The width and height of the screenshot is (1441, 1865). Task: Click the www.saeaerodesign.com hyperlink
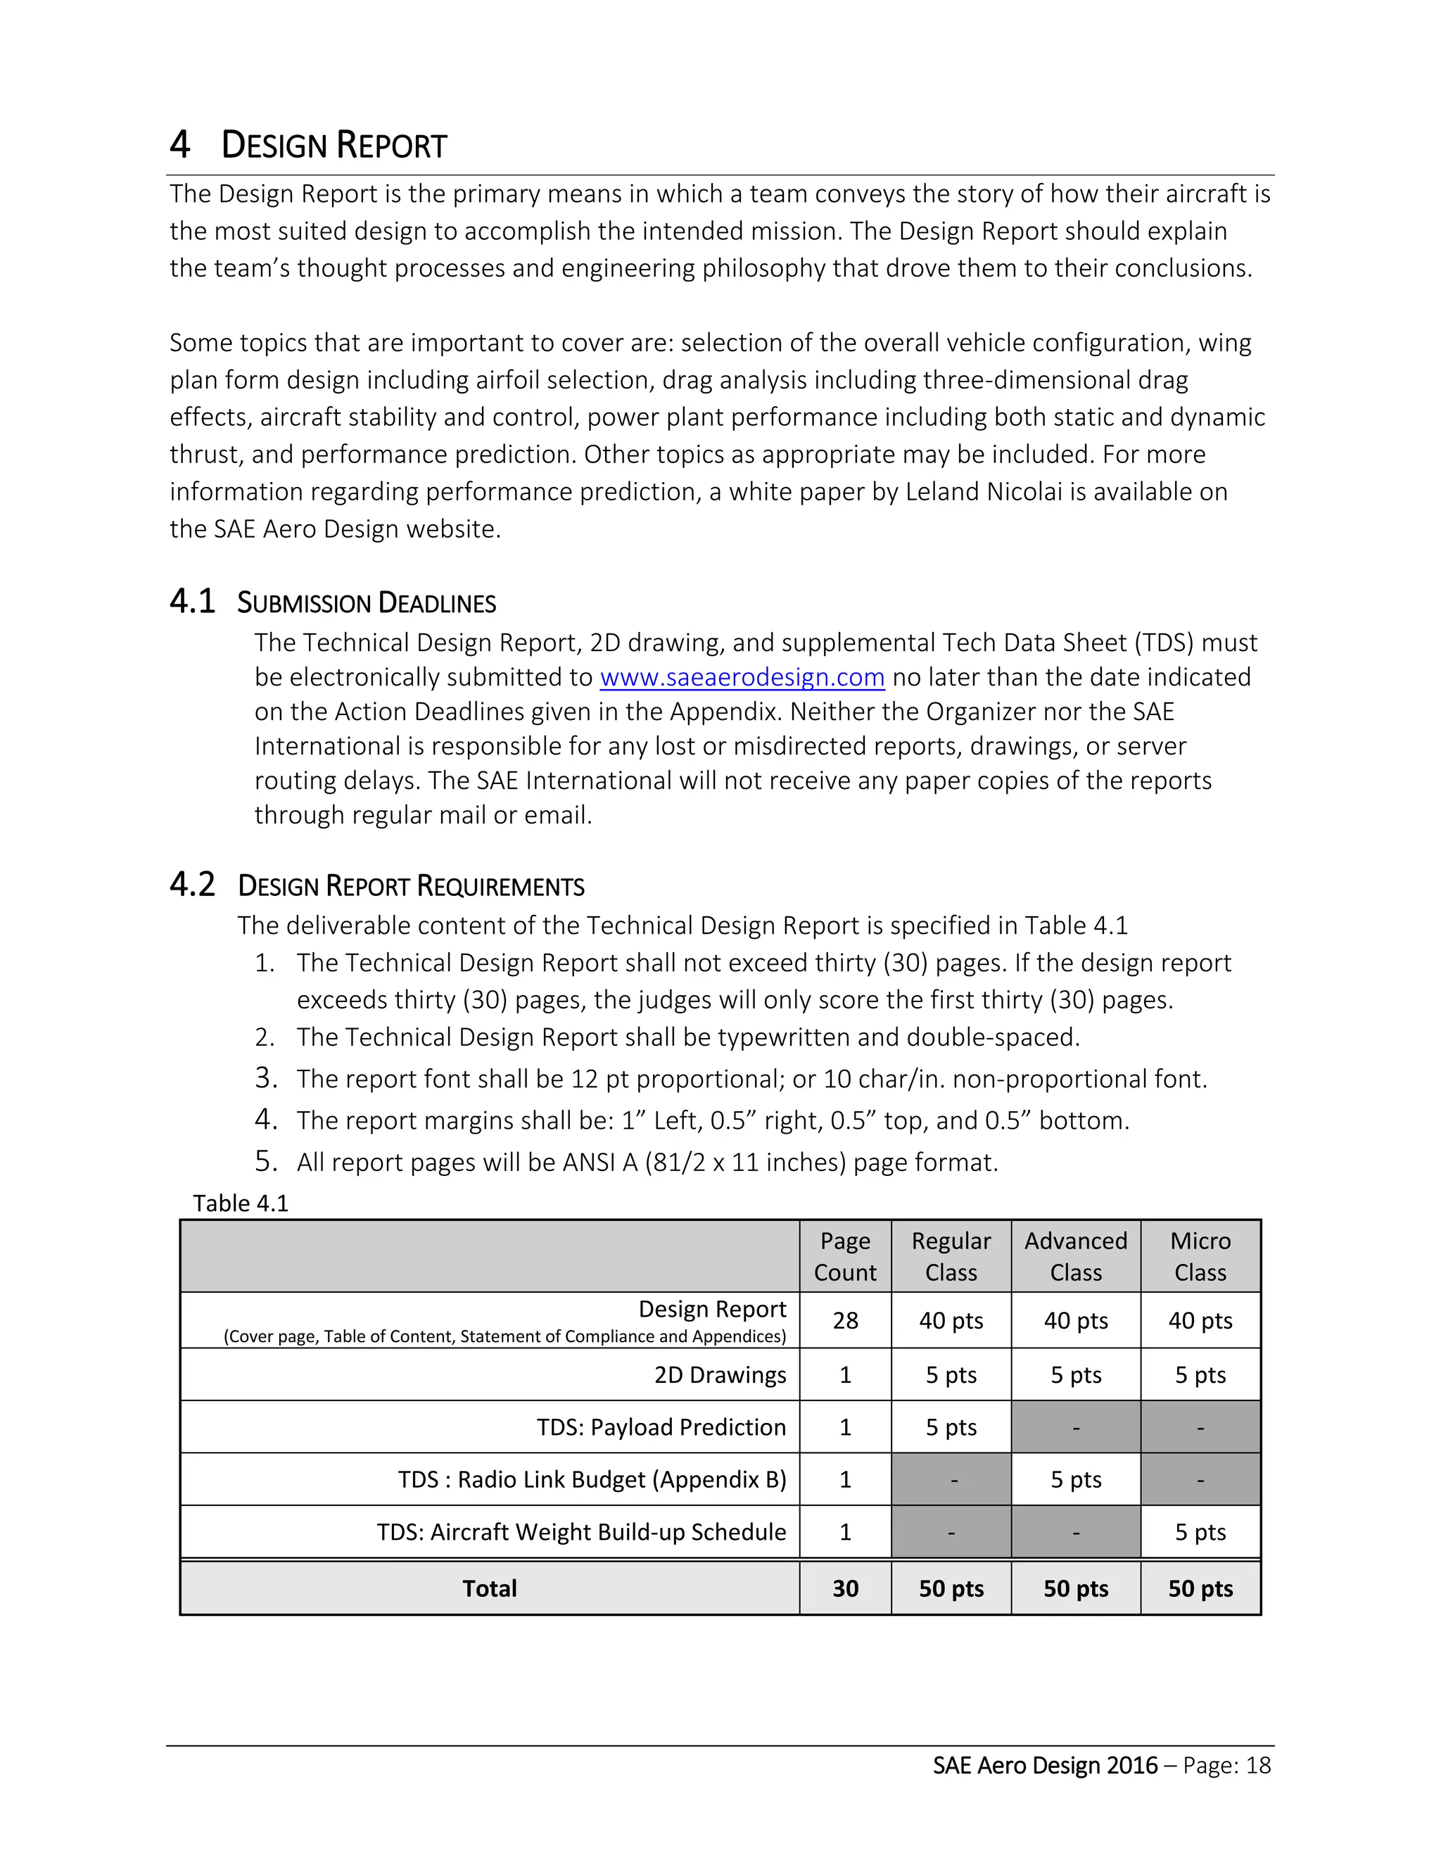point(742,677)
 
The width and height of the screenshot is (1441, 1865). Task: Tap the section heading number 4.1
point(192,602)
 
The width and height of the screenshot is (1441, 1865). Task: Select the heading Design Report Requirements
point(411,885)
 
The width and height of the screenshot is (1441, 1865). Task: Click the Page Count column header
point(845,1256)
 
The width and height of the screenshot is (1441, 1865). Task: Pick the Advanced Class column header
point(1076,1256)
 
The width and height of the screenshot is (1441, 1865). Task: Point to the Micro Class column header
point(1200,1256)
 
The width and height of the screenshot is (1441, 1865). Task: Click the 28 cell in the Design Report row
point(845,1321)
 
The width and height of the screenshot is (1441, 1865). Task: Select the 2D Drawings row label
point(720,1375)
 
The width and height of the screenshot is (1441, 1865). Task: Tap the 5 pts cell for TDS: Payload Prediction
point(951,1427)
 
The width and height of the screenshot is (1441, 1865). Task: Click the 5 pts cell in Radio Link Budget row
point(1076,1479)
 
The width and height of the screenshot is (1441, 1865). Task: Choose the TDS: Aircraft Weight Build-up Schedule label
point(581,1532)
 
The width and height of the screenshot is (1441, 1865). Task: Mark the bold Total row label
point(489,1588)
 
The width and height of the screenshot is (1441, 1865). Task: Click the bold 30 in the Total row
point(845,1588)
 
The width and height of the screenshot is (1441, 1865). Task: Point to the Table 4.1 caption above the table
point(241,1203)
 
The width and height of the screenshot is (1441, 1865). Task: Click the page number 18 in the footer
point(1257,1766)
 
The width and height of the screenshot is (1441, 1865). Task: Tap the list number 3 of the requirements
point(265,1077)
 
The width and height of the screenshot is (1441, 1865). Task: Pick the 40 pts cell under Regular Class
point(951,1321)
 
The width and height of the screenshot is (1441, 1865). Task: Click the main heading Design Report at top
point(334,145)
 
